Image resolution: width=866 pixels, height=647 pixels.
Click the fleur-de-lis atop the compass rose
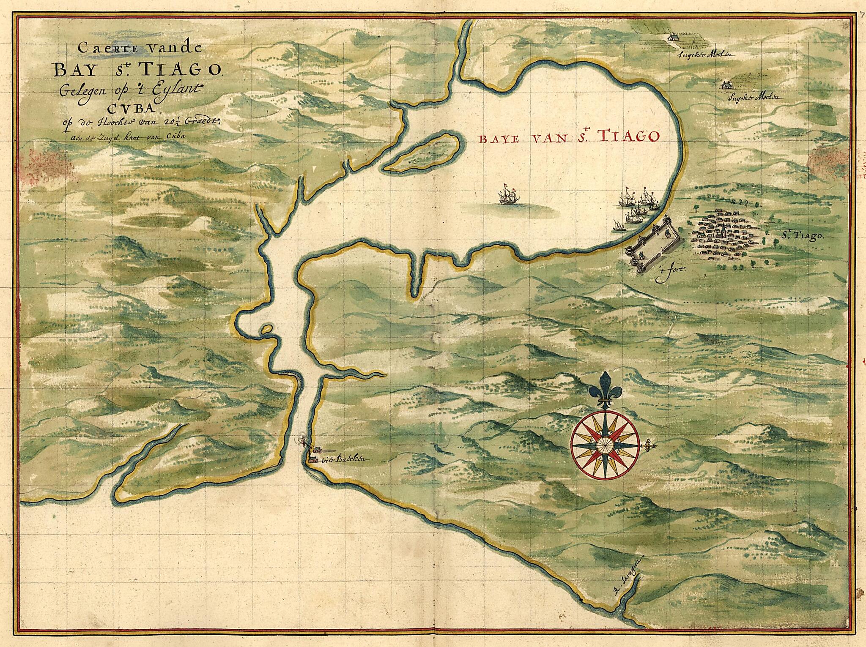click(x=606, y=390)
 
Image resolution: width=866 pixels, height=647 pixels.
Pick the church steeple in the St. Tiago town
click(x=724, y=230)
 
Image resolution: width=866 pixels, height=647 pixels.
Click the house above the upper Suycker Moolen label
click(x=671, y=38)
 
